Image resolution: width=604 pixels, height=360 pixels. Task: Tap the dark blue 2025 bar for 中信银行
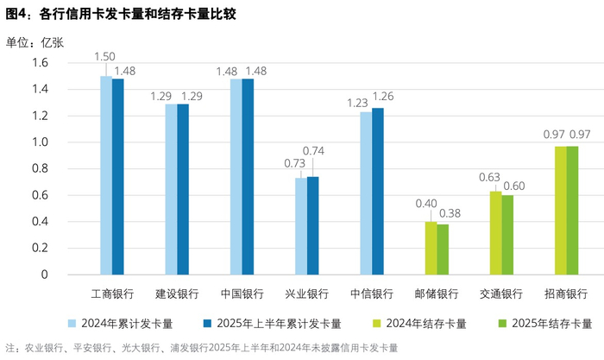378,191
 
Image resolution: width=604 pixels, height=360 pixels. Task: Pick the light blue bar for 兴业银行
300,226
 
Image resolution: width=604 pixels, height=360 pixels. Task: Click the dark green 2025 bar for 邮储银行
443,249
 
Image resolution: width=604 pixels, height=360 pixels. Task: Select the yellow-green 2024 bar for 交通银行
495,233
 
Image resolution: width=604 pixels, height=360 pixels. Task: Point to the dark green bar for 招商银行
572,211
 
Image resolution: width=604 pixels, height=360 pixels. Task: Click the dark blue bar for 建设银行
183,189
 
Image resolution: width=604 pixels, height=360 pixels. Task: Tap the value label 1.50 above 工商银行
105,56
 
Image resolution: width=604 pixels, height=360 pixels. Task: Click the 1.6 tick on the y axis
40,63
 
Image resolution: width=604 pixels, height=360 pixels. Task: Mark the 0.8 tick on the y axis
40,168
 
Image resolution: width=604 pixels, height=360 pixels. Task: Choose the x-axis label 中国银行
242,294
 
